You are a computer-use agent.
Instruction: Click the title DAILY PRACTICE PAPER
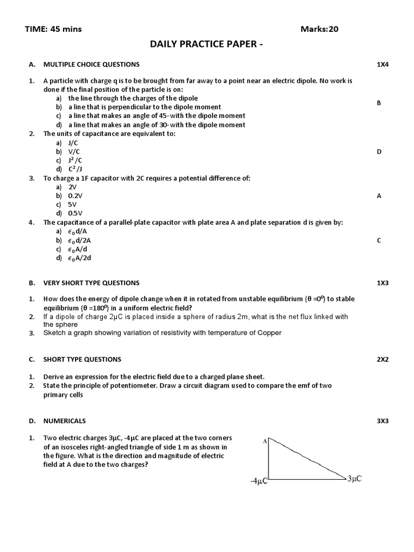point(207,44)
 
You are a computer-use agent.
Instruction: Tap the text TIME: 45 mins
point(53,29)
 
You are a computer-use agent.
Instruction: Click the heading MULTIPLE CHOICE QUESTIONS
point(91,64)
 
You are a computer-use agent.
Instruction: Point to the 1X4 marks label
point(383,64)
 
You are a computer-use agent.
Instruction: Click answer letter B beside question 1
point(379,102)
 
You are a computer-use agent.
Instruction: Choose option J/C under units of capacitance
point(73,143)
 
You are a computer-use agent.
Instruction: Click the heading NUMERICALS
point(64,420)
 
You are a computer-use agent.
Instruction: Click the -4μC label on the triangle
point(259,481)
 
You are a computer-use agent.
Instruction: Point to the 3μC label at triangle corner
point(354,478)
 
